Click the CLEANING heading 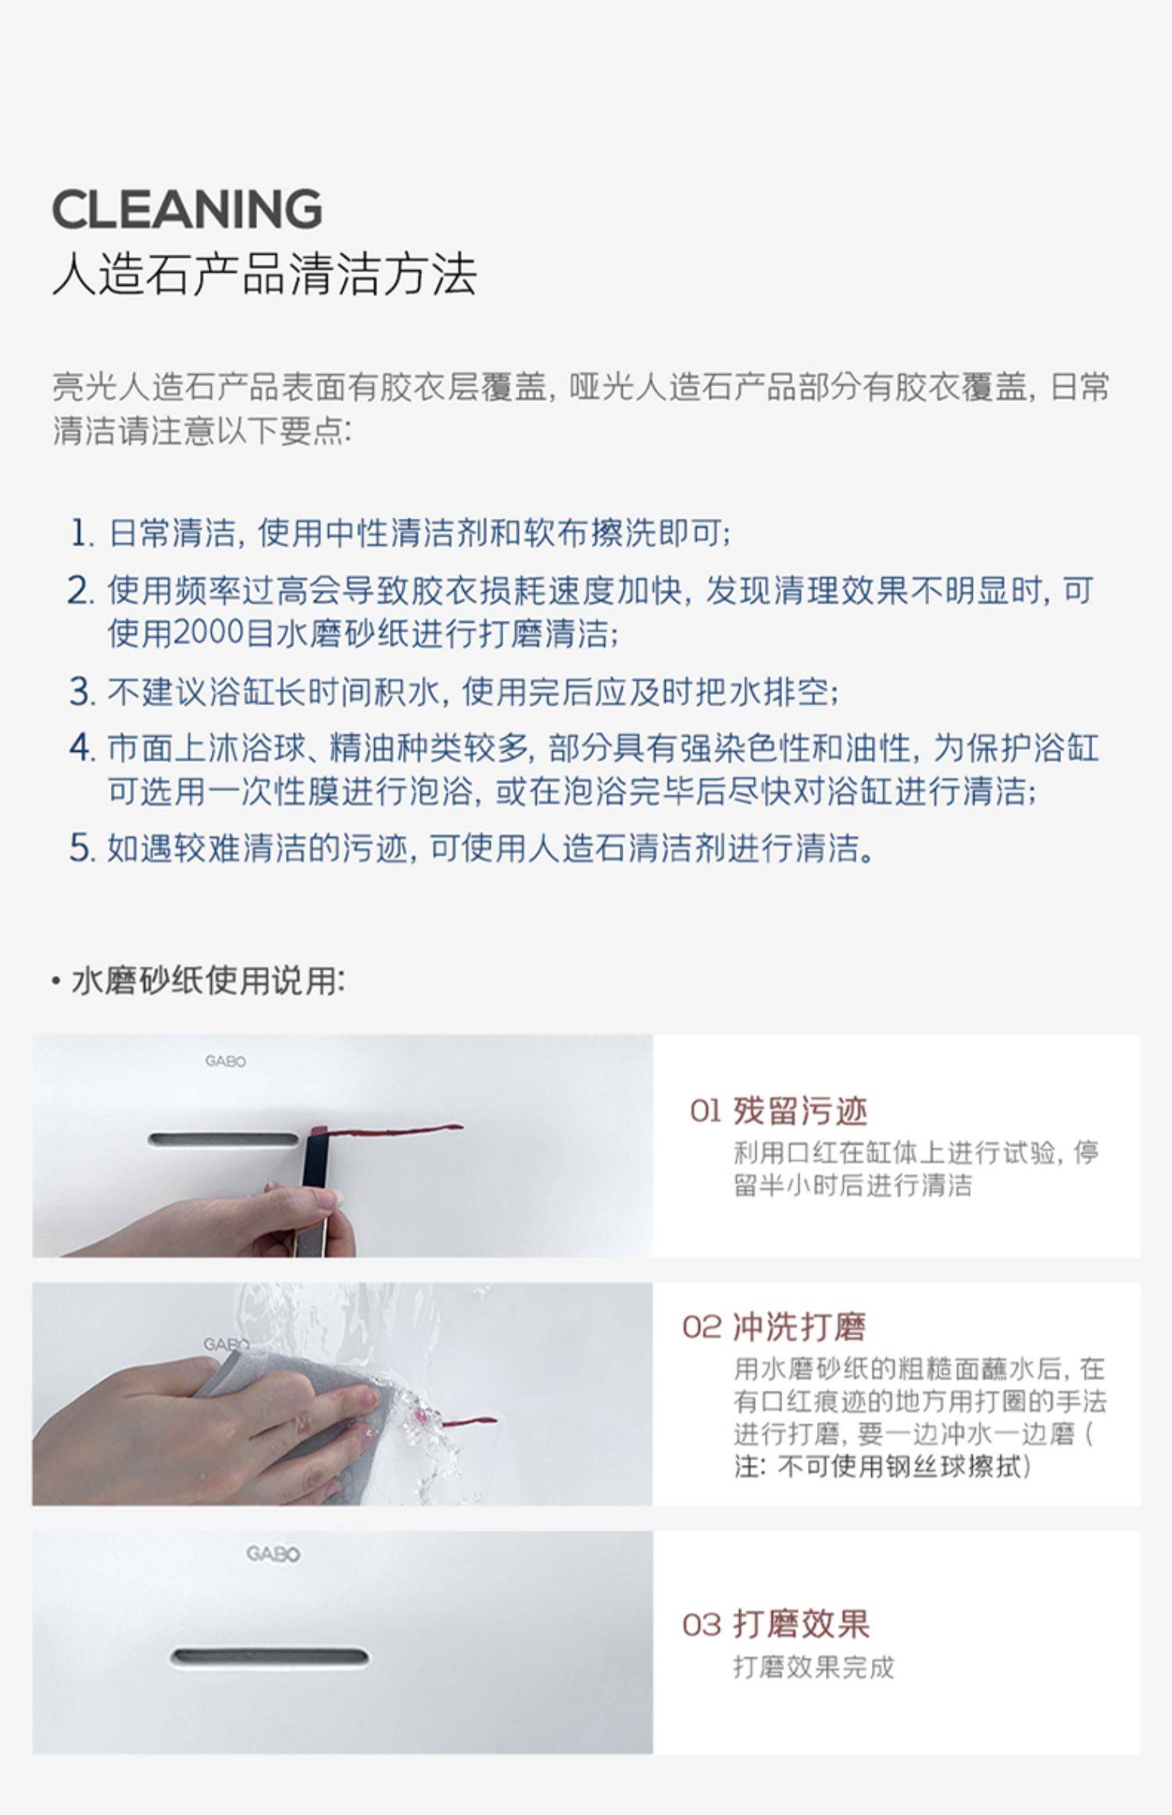pos(187,209)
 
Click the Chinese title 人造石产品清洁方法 pos(264,275)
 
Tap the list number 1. pos(81,533)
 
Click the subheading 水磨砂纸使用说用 pos(208,980)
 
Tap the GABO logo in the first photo pos(225,1061)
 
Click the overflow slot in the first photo pos(224,1139)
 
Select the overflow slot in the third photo pos(270,1656)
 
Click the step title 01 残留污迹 pos(778,1111)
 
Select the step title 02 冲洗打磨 pos(774,1326)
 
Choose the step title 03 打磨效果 pos(776,1624)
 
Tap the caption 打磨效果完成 pos(813,1667)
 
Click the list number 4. pos(81,748)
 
